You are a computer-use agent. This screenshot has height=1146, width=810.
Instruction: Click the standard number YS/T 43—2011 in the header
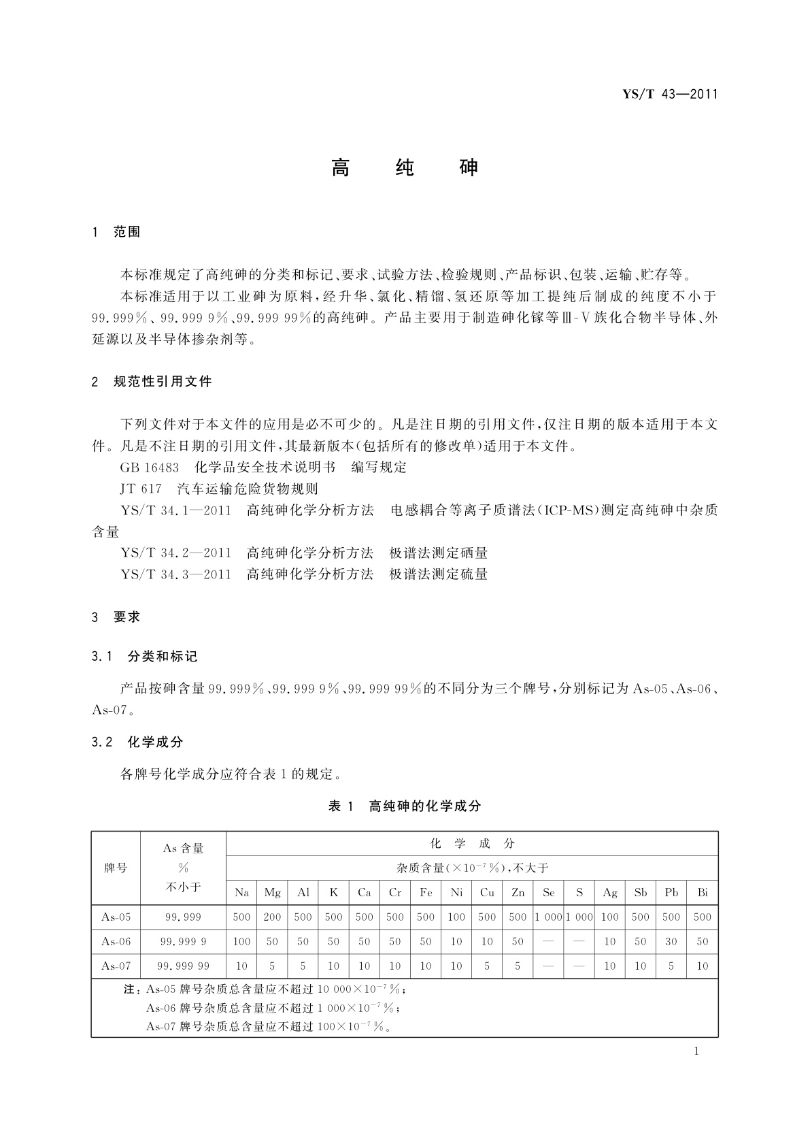pyautogui.click(x=670, y=95)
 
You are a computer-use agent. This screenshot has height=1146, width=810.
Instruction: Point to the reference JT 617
pyautogui.click(x=141, y=489)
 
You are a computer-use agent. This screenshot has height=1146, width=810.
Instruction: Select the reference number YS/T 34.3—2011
pyautogui.click(x=176, y=574)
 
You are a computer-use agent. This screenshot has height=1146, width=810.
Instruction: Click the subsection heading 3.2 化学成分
pyautogui.click(x=137, y=742)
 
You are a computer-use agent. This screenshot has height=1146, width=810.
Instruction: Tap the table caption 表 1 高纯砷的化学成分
pyautogui.click(x=405, y=806)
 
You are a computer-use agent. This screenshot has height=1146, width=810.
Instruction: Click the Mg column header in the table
pyautogui.click(x=272, y=893)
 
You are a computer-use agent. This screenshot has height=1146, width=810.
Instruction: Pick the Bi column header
pyautogui.click(x=703, y=893)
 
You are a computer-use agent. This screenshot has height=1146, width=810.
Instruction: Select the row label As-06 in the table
pyautogui.click(x=116, y=942)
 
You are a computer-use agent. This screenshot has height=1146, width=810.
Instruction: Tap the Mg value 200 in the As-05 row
pyautogui.click(x=272, y=917)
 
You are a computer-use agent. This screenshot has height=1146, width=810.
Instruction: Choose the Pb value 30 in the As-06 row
pyautogui.click(x=671, y=942)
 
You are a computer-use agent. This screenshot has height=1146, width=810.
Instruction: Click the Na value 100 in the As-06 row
pyautogui.click(x=241, y=942)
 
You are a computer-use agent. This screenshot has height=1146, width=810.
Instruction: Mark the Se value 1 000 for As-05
pyautogui.click(x=548, y=917)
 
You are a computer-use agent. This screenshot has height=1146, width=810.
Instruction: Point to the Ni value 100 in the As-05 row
pyautogui.click(x=456, y=917)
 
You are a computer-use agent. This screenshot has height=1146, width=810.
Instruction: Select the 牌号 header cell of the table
pyautogui.click(x=116, y=868)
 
